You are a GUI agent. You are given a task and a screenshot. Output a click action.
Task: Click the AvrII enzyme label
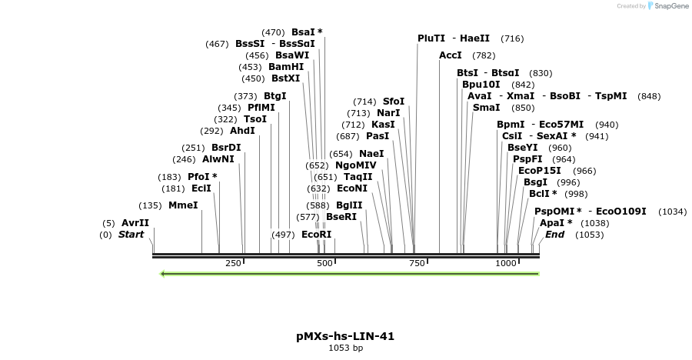tap(135, 223)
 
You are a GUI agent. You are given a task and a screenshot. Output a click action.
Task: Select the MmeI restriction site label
tap(183, 205)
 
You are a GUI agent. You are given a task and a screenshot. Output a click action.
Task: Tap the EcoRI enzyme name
tap(316, 234)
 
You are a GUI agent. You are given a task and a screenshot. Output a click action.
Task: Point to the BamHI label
tap(286, 67)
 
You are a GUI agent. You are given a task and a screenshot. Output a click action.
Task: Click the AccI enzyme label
tap(451, 55)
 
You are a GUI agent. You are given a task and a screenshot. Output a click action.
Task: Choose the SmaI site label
tap(486, 108)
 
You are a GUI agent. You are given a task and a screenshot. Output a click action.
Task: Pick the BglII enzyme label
tap(349, 205)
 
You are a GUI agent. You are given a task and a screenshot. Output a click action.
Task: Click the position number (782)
tap(484, 55)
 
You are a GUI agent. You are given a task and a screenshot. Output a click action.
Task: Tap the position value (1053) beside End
tap(589, 235)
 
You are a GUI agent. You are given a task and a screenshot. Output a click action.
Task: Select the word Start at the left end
tap(131, 235)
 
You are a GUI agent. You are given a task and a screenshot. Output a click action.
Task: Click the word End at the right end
tap(554, 235)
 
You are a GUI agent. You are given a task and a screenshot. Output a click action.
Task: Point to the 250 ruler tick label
tap(234, 263)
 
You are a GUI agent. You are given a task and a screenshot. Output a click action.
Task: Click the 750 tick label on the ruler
tap(417, 263)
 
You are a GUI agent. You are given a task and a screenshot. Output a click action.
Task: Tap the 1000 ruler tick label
tap(506, 263)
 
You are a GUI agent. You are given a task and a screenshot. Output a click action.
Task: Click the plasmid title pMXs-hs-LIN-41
tap(345, 336)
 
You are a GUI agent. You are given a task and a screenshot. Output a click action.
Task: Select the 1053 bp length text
tap(345, 348)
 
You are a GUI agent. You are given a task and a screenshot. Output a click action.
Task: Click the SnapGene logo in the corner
tap(666, 6)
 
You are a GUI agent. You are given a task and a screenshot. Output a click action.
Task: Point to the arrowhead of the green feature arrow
tap(162, 273)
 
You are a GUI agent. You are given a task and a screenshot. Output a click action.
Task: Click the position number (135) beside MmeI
tap(150, 205)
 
